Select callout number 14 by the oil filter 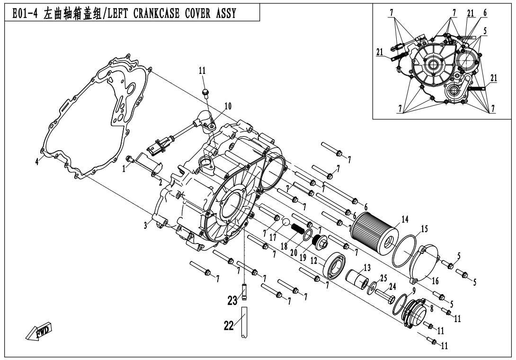point(404,219)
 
